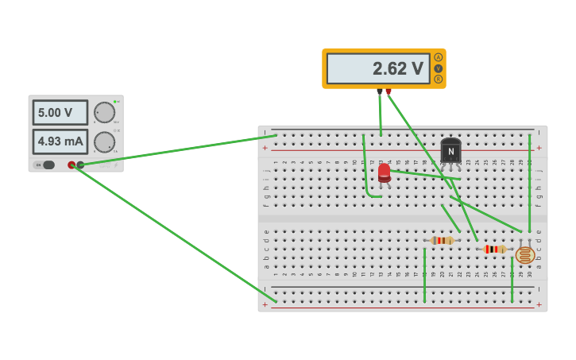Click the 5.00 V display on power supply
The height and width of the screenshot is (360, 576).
[x=60, y=113]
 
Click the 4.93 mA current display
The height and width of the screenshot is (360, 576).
[x=60, y=141]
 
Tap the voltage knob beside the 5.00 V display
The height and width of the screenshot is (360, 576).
[x=104, y=112]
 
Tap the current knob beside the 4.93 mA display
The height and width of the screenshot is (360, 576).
[x=104, y=142]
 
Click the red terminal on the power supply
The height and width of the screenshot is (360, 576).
[x=72, y=165]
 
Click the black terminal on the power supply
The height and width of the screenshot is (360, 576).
[x=80, y=165]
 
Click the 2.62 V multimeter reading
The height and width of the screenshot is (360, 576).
[x=377, y=69]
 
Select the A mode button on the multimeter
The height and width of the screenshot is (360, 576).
[x=438, y=57]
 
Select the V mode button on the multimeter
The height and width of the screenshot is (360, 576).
[x=438, y=68]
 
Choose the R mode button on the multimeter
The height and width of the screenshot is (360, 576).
[x=438, y=79]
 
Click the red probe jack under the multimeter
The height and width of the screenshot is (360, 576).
[x=389, y=91]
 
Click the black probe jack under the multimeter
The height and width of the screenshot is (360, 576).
[x=379, y=91]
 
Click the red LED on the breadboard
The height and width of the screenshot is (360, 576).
[x=385, y=172]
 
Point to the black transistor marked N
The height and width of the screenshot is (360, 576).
[x=450, y=151]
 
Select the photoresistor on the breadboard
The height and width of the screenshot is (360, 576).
[x=524, y=255]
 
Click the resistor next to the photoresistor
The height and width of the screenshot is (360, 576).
[x=494, y=249]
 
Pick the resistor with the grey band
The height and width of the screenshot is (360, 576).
[x=443, y=240]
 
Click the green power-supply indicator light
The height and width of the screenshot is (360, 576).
[x=115, y=102]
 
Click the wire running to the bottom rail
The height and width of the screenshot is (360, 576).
[x=175, y=234]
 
